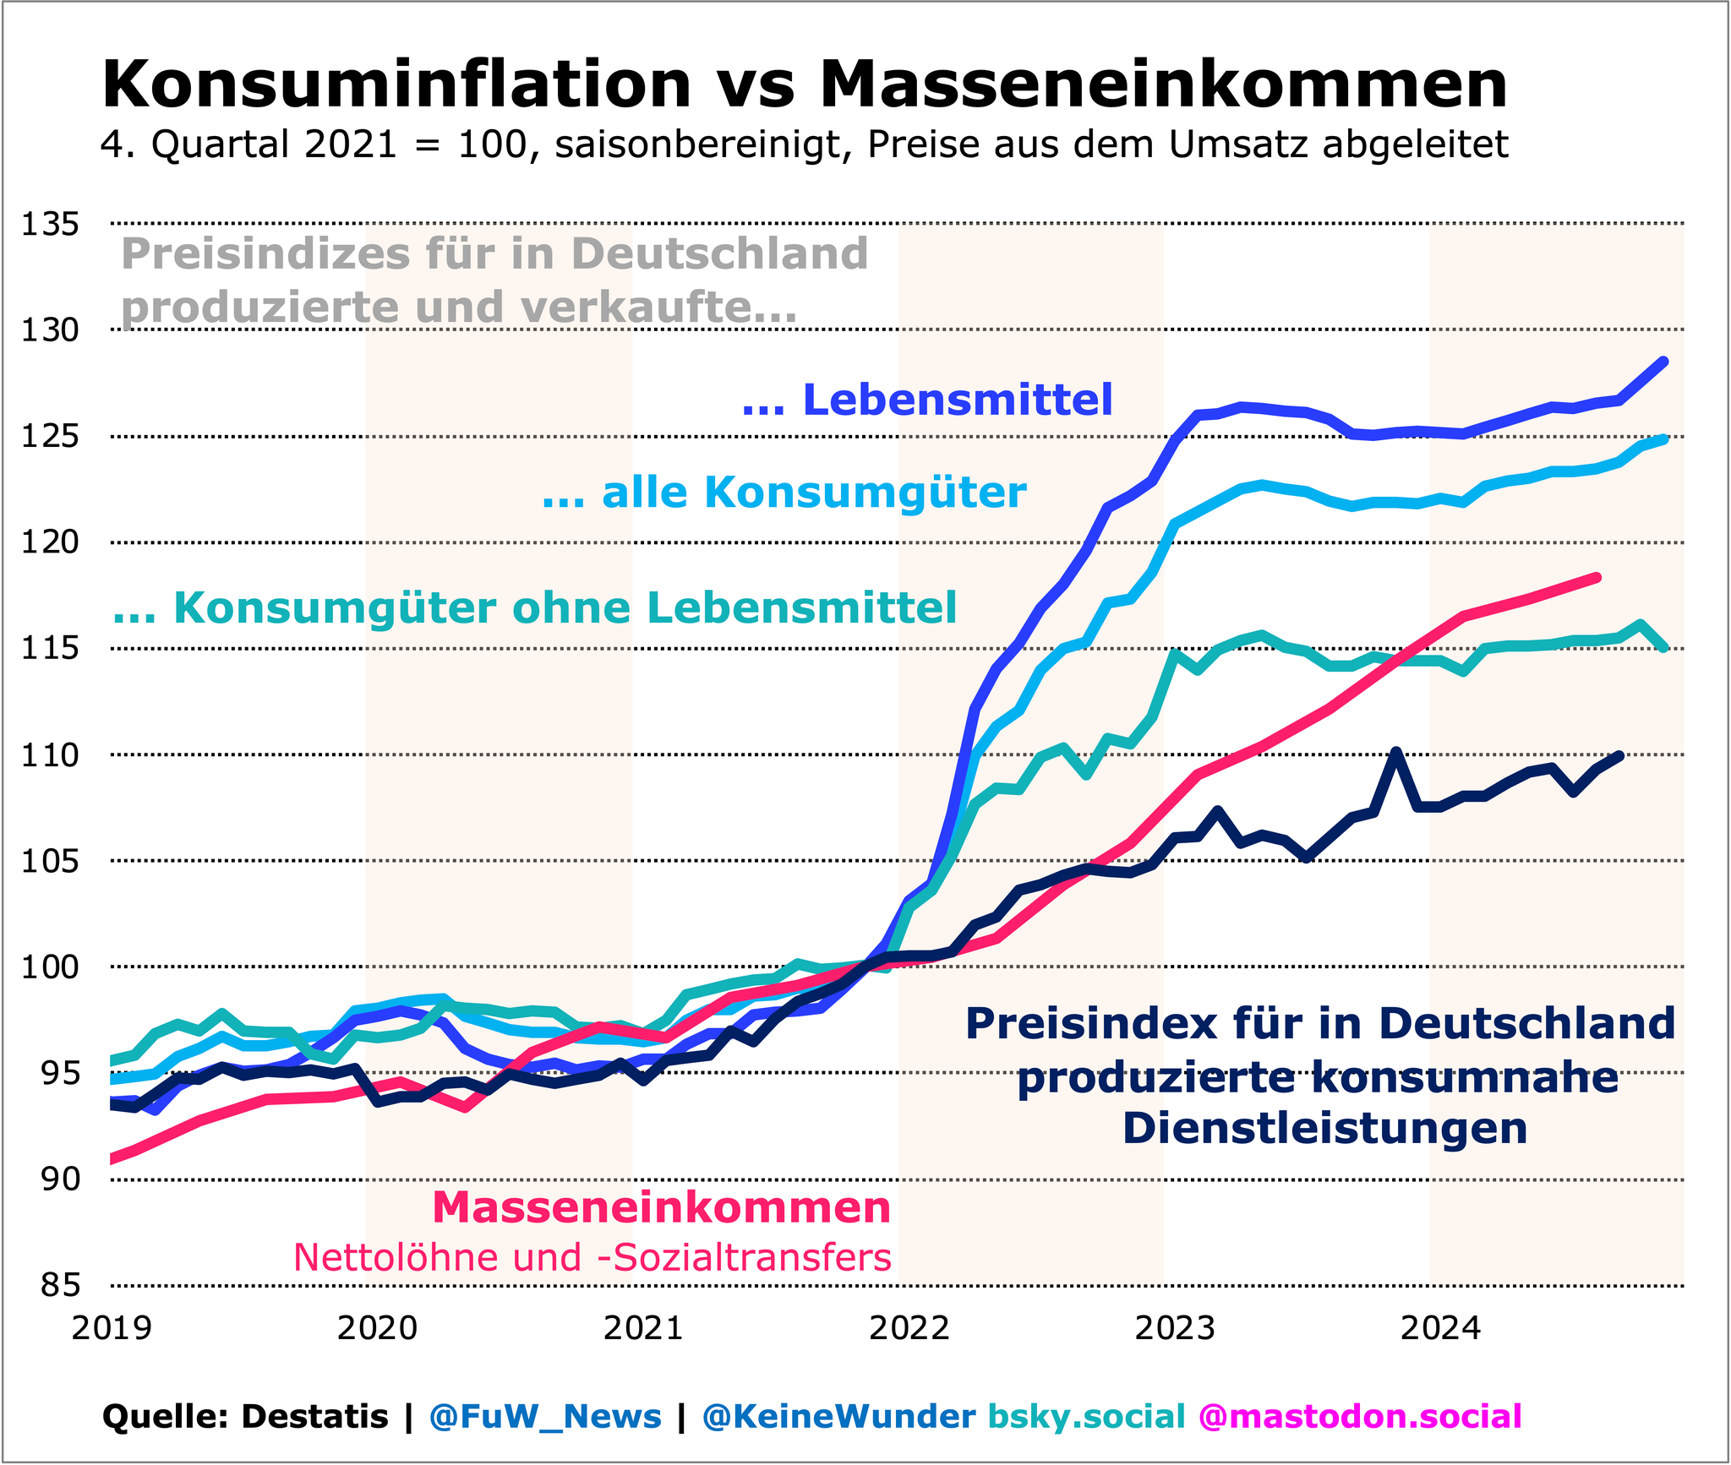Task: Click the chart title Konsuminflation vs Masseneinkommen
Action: coord(804,84)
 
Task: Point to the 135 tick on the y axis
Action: coord(50,225)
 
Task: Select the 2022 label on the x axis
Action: coord(909,1329)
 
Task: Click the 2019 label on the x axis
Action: coord(112,1329)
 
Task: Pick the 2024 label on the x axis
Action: coord(1441,1329)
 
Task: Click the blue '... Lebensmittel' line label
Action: coord(927,400)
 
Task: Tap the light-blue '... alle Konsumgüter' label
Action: coord(784,492)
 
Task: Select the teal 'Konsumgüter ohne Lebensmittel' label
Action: coord(535,608)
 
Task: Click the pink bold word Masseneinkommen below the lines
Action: coord(661,1208)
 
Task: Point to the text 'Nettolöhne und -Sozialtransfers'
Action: coord(592,1257)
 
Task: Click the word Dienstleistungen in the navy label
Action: coord(1324,1129)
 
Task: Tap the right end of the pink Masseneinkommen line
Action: coord(1596,578)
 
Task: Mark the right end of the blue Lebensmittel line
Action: coord(1663,362)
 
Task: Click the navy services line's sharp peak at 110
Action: coord(1395,752)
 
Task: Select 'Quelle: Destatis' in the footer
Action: coord(244,1417)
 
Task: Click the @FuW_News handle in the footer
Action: coord(545,1417)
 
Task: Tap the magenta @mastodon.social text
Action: coord(1360,1417)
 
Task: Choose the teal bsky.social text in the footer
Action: coord(1086,1417)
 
